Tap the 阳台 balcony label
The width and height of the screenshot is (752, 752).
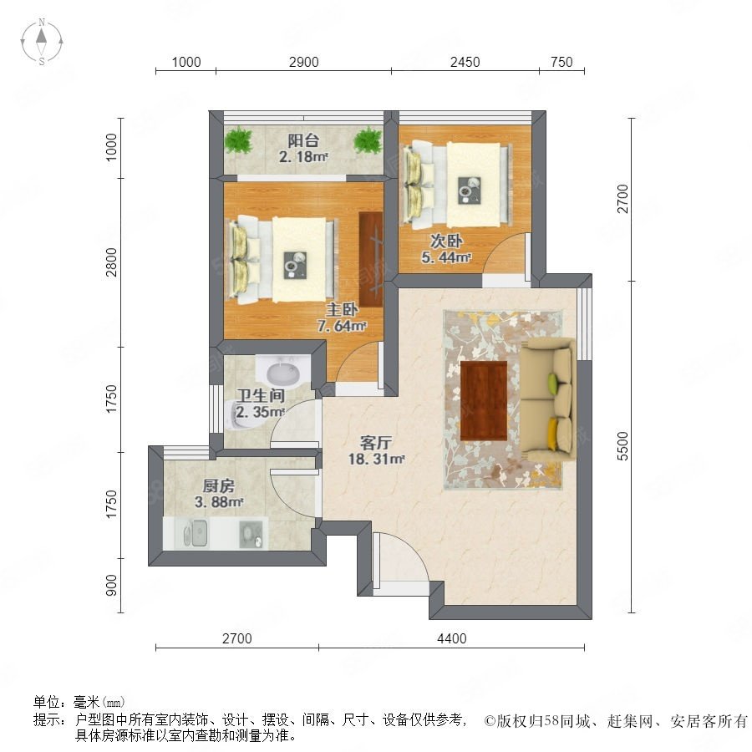pyautogui.click(x=303, y=140)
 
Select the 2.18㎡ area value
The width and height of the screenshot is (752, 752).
pyautogui.click(x=303, y=157)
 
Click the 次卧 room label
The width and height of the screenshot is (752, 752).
pyautogui.click(x=446, y=241)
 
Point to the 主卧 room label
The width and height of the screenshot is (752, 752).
pyautogui.click(x=342, y=309)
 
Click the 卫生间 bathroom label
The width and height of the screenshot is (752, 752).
pyautogui.click(x=261, y=396)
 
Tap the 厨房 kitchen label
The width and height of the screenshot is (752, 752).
pyautogui.click(x=219, y=485)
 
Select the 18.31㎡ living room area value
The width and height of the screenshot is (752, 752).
pyautogui.click(x=377, y=459)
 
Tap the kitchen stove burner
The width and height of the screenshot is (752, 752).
pyautogui.click(x=252, y=534)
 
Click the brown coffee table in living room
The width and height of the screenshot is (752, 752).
pyautogui.click(x=484, y=400)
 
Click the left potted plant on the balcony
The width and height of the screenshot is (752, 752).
pyautogui.click(x=238, y=140)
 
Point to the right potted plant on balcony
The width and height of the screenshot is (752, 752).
pyautogui.click(x=368, y=140)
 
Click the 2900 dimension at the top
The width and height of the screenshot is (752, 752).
pyautogui.click(x=303, y=62)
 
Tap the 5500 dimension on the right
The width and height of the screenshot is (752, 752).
pyautogui.click(x=622, y=446)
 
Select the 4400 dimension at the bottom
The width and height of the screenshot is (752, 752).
pyautogui.click(x=452, y=638)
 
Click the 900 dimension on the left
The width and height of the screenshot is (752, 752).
pyautogui.click(x=111, y=585)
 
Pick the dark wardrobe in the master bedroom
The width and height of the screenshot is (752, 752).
pyautogui.click(x=371, y=259)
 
